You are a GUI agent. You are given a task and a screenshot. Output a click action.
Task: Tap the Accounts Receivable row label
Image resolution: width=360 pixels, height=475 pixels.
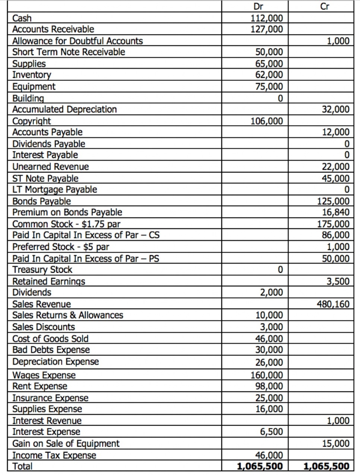pyautogui.click(x=53, y=30)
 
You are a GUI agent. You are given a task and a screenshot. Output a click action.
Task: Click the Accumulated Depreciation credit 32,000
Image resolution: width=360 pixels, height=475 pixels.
pyautogui.click(x=335, y=109)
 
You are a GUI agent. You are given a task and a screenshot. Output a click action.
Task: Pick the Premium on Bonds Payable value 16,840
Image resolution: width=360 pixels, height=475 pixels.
pyautogui.click(x=335, y=212)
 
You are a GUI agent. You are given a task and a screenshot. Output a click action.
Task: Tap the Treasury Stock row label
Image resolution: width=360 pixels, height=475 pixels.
pyautogui.click(x=42, y=270)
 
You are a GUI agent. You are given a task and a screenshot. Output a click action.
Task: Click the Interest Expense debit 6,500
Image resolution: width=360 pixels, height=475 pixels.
pyautogui.click(x=270, y=431)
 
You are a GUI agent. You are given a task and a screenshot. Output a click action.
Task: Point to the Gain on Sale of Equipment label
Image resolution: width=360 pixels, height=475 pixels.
pyautogui.click(x=65, y=443)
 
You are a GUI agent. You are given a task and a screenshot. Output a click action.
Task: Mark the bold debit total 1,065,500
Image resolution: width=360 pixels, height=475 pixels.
pyautogui.click(x=260, y=466)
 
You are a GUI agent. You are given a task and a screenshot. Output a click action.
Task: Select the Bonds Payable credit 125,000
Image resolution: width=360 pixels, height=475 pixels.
pyautogui.click(x=333, y=201)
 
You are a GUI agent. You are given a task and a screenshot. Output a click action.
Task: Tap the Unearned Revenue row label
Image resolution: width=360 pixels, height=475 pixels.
pyautogui.click(x=51, y=167)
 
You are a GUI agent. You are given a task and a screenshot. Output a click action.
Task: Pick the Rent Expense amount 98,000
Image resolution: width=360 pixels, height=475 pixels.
pyautogui.click(x=269, y=386)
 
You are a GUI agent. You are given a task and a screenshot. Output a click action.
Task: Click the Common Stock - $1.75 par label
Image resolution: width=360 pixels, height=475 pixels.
pyautogui.click(x=63, y=224)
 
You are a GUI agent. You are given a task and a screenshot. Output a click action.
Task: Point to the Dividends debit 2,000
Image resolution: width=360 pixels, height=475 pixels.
pyautogui.click(x=270, y=292)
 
